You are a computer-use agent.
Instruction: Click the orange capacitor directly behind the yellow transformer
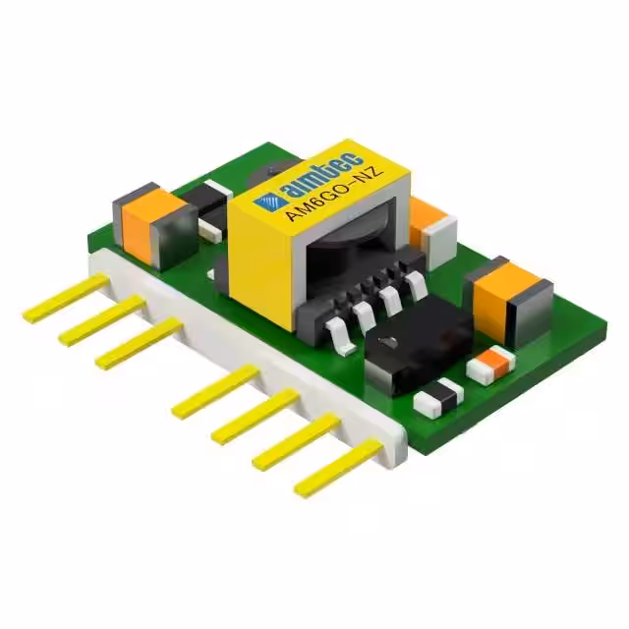427,222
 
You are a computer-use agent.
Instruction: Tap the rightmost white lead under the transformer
417,286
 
